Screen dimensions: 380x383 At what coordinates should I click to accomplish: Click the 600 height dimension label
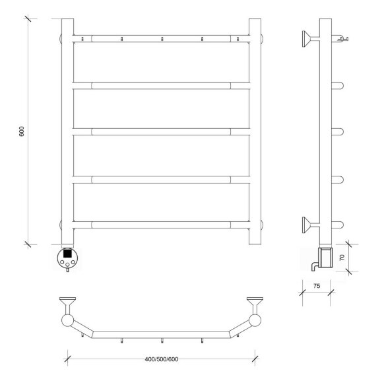point(22,131)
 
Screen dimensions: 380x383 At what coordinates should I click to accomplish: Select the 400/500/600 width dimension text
point(162,359)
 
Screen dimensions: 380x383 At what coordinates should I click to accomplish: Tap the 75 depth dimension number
point(317,286)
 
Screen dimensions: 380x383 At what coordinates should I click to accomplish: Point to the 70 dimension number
point(342,258)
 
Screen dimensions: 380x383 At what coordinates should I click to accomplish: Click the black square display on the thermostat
point(67,253)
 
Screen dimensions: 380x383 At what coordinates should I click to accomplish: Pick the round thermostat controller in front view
point(67,258)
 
